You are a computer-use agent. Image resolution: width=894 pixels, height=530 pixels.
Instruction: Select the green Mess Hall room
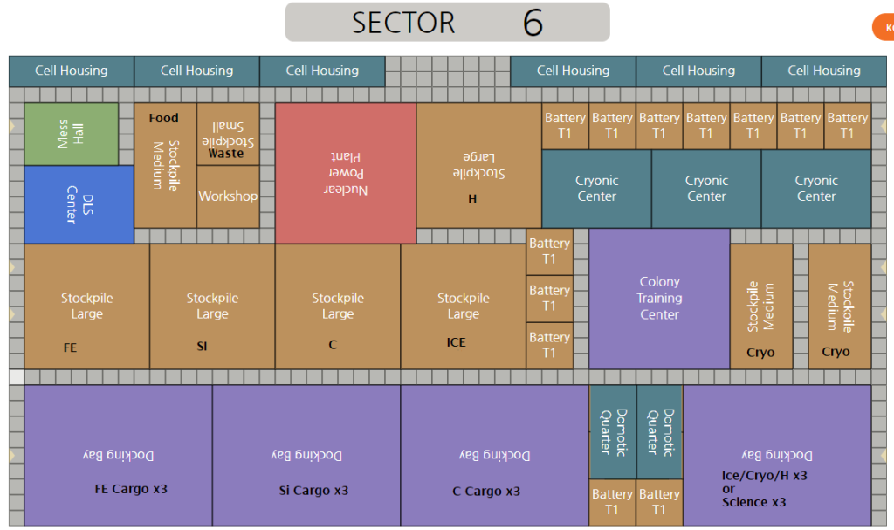(71, 134)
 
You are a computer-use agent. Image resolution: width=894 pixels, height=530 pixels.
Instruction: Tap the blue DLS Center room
(79, 204)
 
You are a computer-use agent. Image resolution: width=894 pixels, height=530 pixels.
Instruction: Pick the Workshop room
(228, 196)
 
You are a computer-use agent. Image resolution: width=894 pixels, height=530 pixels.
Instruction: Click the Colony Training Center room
(659, 298)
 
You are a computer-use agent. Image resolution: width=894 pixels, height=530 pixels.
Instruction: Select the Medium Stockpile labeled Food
(165, 165)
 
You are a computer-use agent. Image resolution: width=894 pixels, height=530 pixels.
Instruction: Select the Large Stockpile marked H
(478, 166)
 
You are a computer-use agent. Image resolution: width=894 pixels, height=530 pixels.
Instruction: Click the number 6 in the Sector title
(533, 23)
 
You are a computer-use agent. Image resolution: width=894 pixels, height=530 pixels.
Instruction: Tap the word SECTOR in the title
(403, 23)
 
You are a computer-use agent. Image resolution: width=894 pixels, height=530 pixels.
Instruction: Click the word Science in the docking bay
(745, 502)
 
